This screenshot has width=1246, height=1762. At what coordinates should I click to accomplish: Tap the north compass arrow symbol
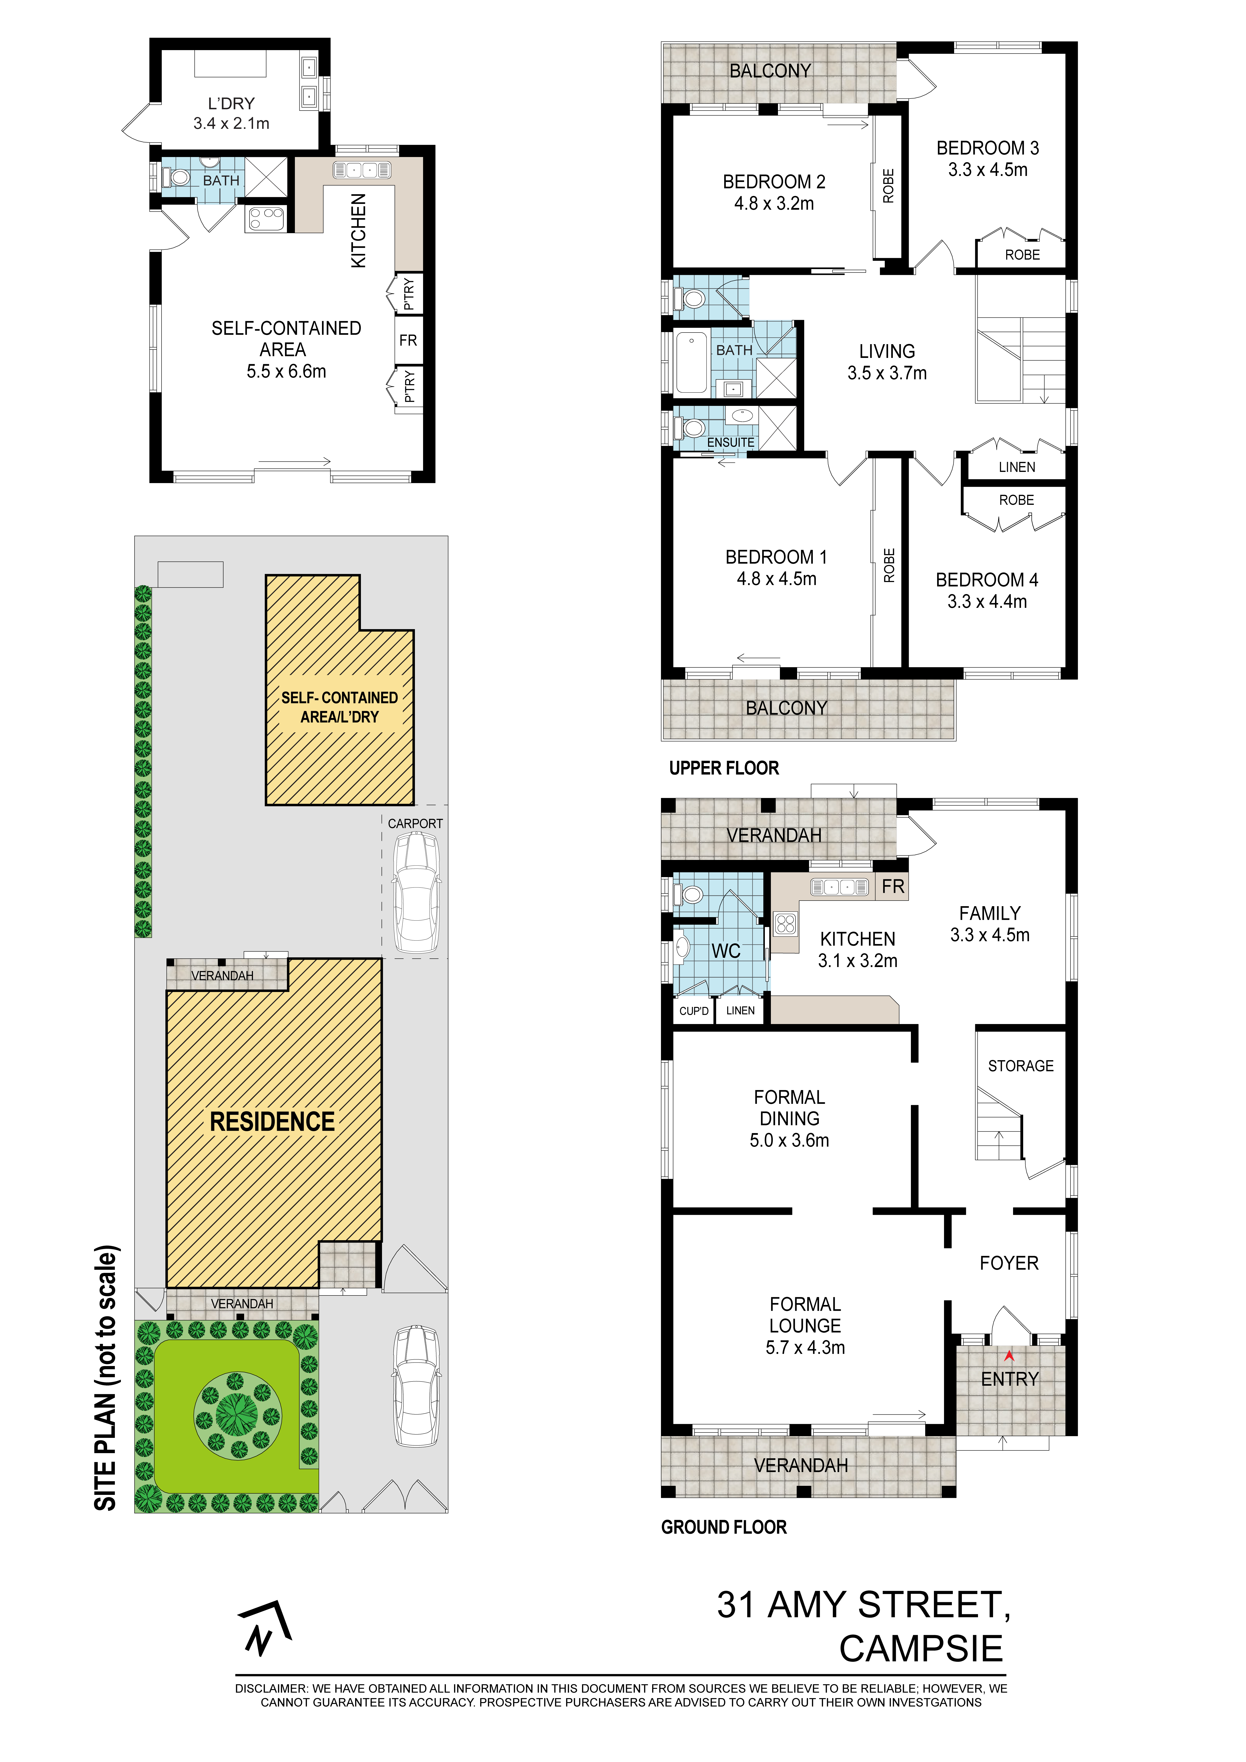tap(265, 1629)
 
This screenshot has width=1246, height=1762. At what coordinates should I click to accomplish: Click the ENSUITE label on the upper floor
tap(730, 443)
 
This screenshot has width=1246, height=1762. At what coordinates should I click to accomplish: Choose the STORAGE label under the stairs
tap(1020, 1066)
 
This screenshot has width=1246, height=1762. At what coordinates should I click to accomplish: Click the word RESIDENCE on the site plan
tap(272, 1122)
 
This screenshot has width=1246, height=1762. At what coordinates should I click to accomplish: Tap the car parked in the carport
tap(417, 892)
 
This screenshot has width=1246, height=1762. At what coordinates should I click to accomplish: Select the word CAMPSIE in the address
tap(921, 1648)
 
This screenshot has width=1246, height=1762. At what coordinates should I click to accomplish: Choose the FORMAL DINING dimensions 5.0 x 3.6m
tap(790, 1140)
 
